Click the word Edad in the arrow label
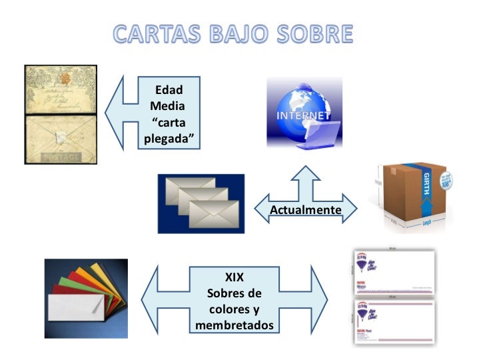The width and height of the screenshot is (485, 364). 169,90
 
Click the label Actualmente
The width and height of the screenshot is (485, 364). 306,210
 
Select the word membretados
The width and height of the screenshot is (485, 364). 235,325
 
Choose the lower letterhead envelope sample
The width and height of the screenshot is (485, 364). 393,321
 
